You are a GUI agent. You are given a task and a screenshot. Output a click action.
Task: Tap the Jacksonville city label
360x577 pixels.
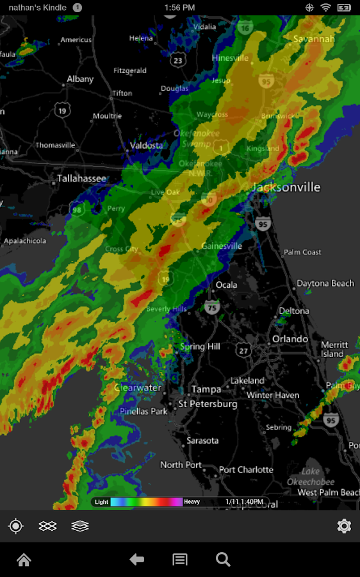pos(285,187)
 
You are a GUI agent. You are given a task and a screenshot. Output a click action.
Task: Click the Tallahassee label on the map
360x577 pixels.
pos(81,178)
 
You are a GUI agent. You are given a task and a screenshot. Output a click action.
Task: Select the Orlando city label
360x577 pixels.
pos(290,339)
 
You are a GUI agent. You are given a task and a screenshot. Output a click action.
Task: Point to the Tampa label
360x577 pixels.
pos(206,389)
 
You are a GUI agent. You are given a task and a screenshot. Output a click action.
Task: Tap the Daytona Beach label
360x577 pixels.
pos(325,283)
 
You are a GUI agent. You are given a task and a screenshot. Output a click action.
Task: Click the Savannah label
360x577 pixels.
pos(314,39)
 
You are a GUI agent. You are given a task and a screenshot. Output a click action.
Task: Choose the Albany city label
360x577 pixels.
pos(80,79)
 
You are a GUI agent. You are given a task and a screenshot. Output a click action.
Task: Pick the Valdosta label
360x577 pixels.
pos(147,146)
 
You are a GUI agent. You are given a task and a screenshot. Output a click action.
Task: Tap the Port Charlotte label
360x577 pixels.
pos(246,470)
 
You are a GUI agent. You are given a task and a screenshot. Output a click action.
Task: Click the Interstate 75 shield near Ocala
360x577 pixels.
pos(211,308)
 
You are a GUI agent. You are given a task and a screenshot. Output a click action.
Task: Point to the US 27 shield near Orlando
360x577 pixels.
pos(243,350)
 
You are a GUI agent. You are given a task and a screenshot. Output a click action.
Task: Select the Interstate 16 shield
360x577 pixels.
pos(245,28)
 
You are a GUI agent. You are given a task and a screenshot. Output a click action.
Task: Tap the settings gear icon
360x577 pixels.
pos(344,526)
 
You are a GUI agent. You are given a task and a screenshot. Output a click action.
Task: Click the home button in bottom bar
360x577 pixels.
pos(24,560)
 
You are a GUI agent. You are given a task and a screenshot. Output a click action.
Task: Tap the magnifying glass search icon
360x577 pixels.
pos(223,560)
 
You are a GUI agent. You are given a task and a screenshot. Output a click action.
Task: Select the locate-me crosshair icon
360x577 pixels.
pos(16,526)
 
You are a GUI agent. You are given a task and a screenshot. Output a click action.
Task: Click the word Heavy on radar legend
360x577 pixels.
pos(192,502)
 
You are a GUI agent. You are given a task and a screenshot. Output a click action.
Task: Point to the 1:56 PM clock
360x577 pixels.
pos(179,8)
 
